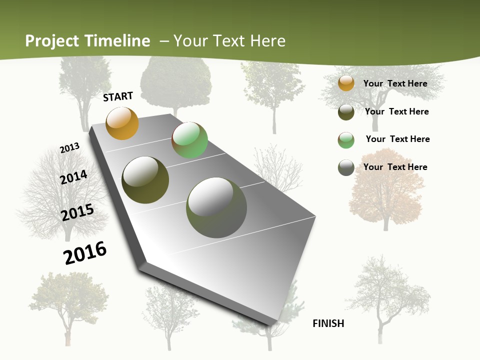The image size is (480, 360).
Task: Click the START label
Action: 118,96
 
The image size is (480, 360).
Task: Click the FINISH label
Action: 328,323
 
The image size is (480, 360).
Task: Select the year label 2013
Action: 70,148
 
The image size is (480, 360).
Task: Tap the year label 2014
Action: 73,177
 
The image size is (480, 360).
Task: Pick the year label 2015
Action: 77,212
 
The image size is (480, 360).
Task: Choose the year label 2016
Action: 85,253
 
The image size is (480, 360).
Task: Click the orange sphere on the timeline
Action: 122,123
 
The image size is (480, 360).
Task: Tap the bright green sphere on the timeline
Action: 189,140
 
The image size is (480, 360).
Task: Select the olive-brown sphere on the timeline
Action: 145,180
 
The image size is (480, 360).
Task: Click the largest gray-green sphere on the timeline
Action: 216,207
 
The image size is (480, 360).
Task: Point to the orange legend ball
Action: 346,83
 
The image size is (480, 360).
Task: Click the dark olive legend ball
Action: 346,112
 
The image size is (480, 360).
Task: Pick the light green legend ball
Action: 346,140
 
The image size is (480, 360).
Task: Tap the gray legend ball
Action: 346,167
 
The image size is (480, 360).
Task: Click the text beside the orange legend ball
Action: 395,83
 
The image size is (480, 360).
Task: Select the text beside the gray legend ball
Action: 395,167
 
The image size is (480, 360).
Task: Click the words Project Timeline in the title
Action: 87,41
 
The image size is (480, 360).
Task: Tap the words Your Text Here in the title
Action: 229,41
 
